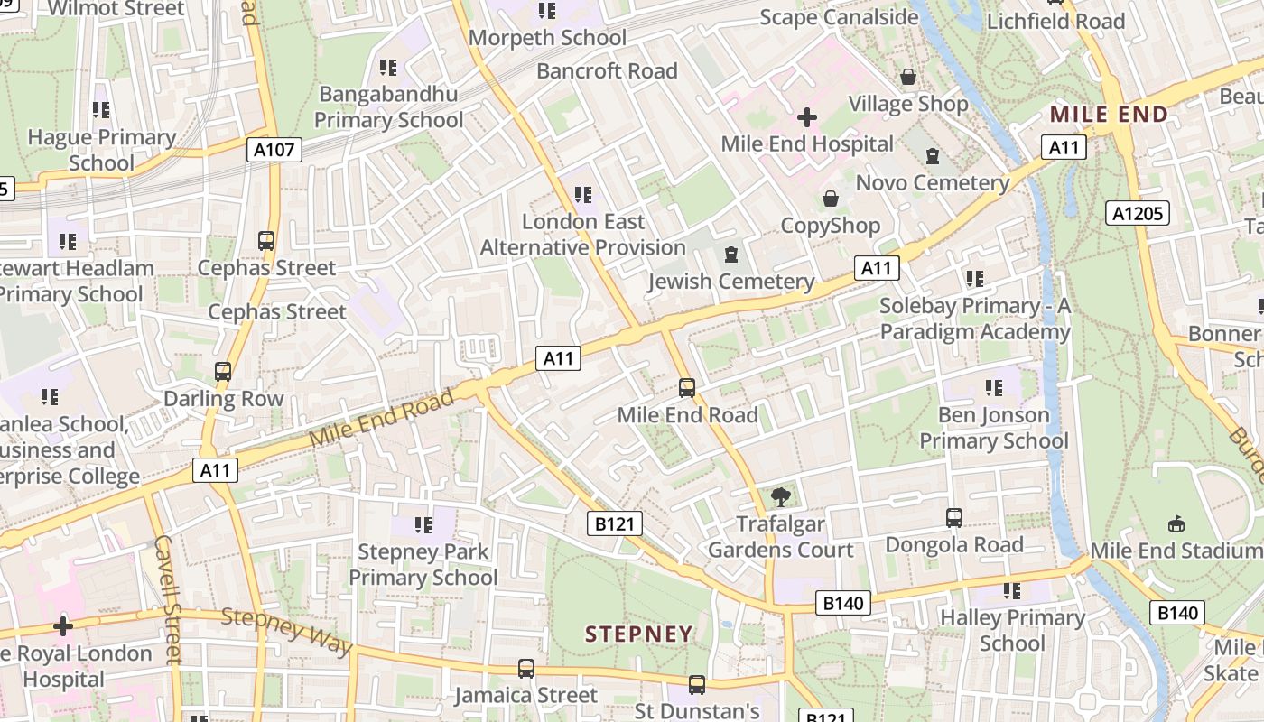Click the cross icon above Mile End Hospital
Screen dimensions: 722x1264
[807, 117]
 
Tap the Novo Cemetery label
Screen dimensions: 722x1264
[933, 183]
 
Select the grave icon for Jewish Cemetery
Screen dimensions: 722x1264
[731, 255]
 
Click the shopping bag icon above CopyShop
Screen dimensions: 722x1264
[830, 199]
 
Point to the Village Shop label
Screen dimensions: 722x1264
[908, 104]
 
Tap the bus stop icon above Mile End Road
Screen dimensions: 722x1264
[687, 388]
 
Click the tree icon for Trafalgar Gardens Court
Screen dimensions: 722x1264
[780, 496]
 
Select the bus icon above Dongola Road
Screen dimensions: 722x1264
[954, 518]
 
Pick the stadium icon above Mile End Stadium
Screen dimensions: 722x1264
[1176, 523]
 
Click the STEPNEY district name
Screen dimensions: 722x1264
[638, 634]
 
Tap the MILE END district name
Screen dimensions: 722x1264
[1109, 115]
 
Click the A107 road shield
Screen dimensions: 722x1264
[274, 150]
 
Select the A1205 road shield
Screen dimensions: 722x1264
[1138, 213]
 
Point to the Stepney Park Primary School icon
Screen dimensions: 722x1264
[423, 524]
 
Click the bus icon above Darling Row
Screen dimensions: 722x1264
[223, 371]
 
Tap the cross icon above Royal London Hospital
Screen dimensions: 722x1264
[62, 625]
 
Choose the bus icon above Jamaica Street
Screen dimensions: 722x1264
[525, 669]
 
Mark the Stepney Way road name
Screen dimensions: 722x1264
[286, 630]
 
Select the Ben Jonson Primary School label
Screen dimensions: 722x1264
[993, 428]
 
